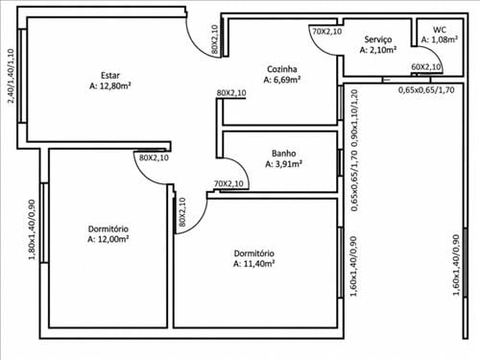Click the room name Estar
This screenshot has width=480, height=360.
point(110,76)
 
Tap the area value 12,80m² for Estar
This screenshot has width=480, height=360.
point(115,85)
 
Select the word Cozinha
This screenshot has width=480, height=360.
point(282,69)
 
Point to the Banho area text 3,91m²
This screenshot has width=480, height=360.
point(288,164)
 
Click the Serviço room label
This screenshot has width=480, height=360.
point(378,39)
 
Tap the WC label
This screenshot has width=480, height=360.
point(440,30)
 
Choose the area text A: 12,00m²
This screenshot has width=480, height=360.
point(108,239)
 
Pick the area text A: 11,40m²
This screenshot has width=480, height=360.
point(254,264)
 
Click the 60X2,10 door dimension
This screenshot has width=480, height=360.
point(425,67)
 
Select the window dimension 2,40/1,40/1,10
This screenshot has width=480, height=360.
point(11,76)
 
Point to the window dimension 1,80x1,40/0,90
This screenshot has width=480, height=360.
point(32,229)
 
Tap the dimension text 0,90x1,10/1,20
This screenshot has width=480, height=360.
point(354,118)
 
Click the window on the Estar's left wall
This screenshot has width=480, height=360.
point(22,76)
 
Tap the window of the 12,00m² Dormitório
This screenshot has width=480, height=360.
point(44,223)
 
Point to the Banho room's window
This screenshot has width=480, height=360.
point(340,162)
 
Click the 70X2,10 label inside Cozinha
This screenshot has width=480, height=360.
point(327,32)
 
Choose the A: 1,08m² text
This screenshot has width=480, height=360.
point(440,39)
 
